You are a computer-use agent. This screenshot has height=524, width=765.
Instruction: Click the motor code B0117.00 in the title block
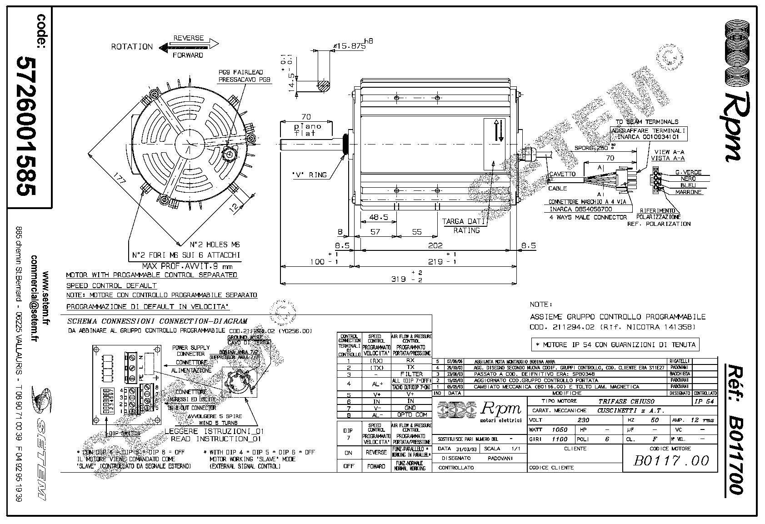[x=671, y=461]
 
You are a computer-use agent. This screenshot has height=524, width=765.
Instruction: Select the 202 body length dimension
[x=435, y=245]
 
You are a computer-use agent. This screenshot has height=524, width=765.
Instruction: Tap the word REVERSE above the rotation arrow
[x=189, y=38]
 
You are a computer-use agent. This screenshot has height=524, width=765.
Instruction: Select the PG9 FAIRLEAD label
[x=241, y=72]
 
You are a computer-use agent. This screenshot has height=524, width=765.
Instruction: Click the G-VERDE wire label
[x=688, y=172]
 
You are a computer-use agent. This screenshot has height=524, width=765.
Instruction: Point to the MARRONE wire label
[x=688, y=192]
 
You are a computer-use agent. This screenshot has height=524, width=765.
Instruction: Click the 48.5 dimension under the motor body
[x=379, y=217]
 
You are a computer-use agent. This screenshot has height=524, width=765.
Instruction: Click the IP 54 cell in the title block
[x=705, y=401]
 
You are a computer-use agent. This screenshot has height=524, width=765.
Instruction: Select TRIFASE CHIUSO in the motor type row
[x=626, y=401]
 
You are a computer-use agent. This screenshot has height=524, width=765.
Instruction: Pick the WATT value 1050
[x=560, y=429]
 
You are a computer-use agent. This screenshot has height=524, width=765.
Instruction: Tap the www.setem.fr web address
[x=46, y=297]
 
